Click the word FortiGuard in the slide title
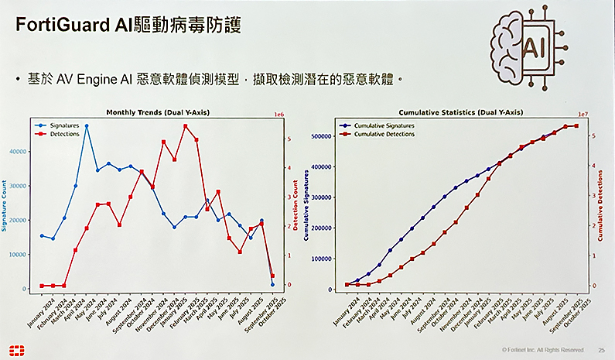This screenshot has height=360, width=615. (56, 26)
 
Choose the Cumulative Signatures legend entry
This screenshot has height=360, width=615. (383, 125)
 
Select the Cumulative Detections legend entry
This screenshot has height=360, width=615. (383, 134)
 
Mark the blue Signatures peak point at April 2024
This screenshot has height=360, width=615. (87, 125)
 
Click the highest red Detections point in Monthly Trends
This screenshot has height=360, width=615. (186, 125)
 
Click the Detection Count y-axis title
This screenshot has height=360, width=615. (295, 204)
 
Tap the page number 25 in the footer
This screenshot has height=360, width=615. (600, 350)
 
